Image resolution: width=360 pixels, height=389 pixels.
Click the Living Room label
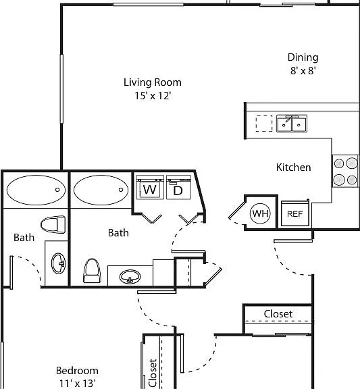click(153, 82)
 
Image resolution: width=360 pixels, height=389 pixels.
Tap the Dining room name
click(303, 57)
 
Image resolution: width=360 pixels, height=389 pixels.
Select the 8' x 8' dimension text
click(303, 71)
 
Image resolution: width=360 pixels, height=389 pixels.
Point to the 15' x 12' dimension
click(153, 95)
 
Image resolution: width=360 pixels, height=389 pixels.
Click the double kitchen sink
click(292, 124)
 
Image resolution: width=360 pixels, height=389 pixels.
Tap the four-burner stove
click(345, 171)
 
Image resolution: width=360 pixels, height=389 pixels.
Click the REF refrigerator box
click(295, 213)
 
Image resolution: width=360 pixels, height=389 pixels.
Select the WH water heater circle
click(260, 213)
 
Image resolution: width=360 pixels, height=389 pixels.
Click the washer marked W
click(150, 187)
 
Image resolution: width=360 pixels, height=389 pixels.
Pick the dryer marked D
click(178, 187)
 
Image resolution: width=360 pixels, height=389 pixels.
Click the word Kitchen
click(294, 167)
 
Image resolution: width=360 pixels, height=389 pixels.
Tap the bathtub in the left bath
click(36, 190)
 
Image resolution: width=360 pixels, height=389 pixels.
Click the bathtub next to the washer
click(101, 190)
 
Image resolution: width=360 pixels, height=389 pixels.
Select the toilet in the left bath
click(53, 224)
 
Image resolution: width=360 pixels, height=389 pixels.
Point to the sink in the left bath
click(59, 263)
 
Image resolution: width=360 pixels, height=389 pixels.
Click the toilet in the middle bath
click(92, 271)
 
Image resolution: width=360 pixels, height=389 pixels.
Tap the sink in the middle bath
click(130, 277)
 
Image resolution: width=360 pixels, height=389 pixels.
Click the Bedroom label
click(77, 371)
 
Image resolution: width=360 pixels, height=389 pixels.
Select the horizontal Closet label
click(278, 314)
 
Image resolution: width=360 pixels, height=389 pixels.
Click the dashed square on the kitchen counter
click(264, 124)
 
